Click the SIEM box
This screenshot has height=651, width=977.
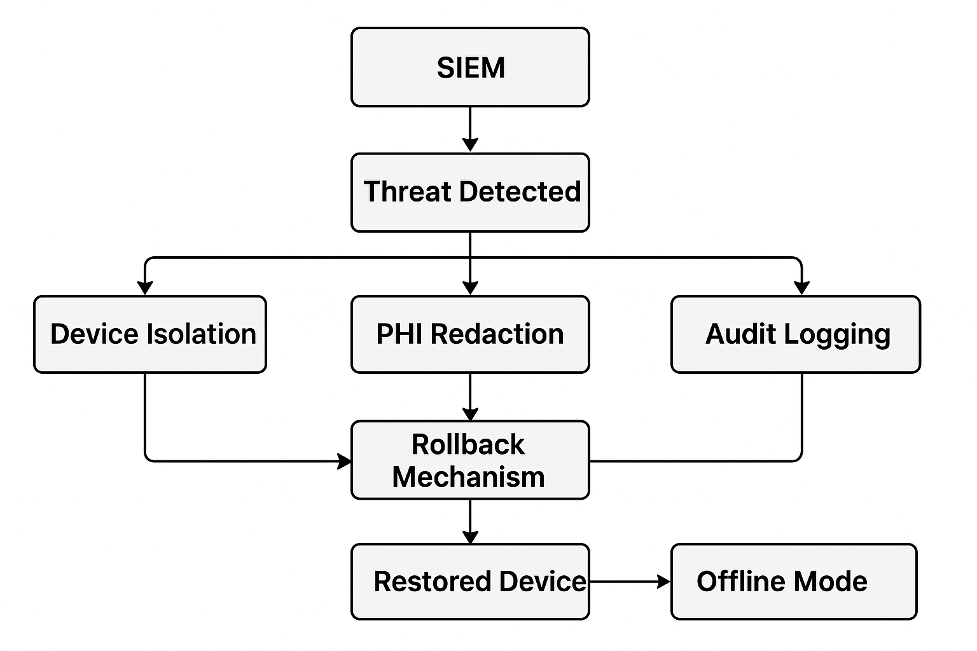(470, 67)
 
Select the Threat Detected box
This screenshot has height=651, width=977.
(470, 192)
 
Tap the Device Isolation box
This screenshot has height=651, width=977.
(150, 334)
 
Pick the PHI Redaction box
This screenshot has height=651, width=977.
(470, 334)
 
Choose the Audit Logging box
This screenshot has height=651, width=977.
(796, 334)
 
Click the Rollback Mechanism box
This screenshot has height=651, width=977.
(470, 460)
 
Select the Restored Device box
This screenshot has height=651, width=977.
(470, 581)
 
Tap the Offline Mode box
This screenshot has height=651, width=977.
(794, 581)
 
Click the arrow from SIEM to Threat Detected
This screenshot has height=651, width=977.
(470, 129)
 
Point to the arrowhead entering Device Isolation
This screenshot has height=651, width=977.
(146, 287)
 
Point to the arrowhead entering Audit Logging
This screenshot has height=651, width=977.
(801, 287)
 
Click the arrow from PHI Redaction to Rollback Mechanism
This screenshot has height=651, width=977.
(470, 396)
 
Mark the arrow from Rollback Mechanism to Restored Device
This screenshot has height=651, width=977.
(470, 521)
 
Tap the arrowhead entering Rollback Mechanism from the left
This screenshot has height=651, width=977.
(344, 461)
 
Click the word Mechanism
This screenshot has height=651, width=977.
(468, 477)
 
